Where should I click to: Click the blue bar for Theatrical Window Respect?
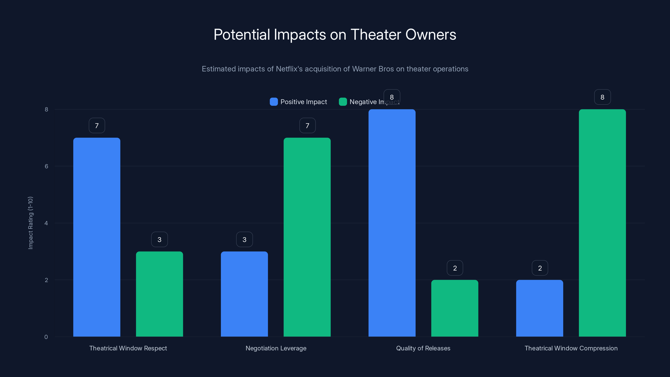click(97, 237)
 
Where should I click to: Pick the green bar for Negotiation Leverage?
click(307, 237)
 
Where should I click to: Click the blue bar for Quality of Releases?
click(392, 223)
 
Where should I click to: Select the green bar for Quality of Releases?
click(455, 308)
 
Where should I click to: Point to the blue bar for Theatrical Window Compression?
click(539, 308)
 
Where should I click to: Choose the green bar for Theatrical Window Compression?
click(602, 223)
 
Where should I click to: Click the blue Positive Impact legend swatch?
click(274, 102)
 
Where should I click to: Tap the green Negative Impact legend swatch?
click(343, 102)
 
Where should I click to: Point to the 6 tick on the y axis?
click(46, 166)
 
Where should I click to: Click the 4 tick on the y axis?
click(46, 223)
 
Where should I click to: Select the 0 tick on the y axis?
click(46, 337)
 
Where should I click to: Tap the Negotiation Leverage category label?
click(276, 348)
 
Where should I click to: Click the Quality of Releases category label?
click(423, 348)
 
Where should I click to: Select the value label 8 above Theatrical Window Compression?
click(602, 97)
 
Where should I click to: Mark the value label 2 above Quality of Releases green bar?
click(455, 268)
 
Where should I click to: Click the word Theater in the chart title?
click(375, 35)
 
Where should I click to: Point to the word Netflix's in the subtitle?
click(289, 69)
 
